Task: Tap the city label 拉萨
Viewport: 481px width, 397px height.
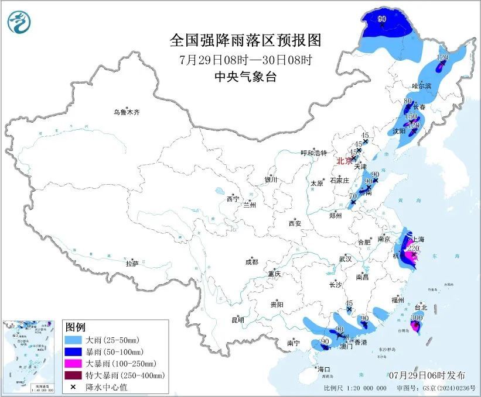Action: click(132, 264)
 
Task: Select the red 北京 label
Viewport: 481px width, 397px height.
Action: click(344, 161)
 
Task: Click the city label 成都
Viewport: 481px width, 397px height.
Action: click(251, 263)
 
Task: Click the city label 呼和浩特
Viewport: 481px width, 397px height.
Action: click(313, 153)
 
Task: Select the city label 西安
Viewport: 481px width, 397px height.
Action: click(294, 223)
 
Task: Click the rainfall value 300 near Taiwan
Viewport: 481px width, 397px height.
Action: click(417, 317)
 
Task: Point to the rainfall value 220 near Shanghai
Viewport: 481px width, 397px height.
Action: click(413, 248)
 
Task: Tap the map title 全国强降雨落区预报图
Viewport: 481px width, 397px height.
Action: click(245, 40)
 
